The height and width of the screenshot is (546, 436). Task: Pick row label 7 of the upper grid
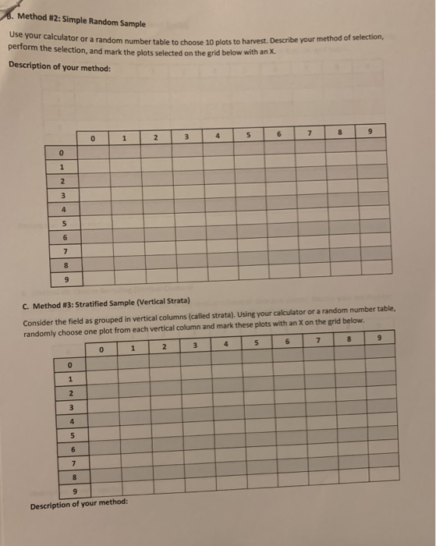point(68,251)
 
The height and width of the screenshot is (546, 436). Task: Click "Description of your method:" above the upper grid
point(60,65)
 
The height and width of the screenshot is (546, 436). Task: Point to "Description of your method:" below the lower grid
point(78,505)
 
